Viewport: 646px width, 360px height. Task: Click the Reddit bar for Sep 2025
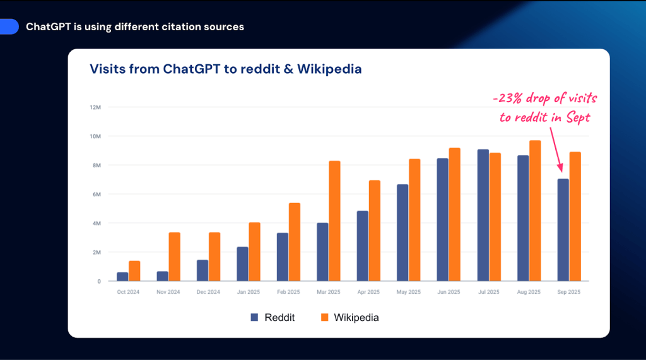click(x=563, y=230)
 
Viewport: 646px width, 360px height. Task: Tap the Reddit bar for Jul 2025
click(x=483, y=215)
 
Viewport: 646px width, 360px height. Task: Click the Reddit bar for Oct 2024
click(x=122, y=277)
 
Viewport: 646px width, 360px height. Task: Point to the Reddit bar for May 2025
click(x=402, y=233)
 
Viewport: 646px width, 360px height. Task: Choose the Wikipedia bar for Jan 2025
click(x=254, y=252)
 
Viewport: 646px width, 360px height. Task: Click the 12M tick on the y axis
click(x=95, y=107)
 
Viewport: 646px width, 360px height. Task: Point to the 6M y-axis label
click(x=97, y=194)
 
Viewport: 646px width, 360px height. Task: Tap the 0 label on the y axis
click(x=99, y=281)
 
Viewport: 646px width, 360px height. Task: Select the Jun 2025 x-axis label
click(x=448, y=292)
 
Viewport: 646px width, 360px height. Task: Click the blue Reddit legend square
click(x=255, y=317)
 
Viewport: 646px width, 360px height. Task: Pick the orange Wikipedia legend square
click(x=325, y=317)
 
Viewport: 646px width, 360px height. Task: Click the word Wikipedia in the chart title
click(x=331, y=69)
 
